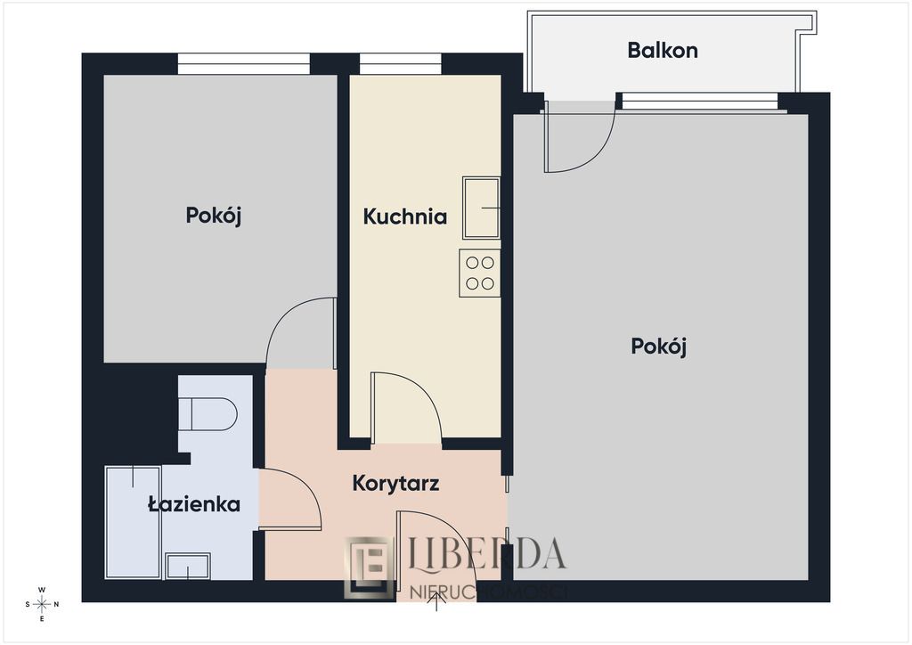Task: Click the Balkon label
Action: [663, 50]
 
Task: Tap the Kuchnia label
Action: [404, 216]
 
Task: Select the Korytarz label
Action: [395, 484]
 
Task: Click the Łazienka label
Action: [194, 504]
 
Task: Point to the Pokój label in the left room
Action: [214, 215]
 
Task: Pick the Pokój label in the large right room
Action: [659, 346]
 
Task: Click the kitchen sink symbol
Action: [481, 208]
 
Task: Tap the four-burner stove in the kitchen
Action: [480, 274]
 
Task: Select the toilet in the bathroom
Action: [208, 414]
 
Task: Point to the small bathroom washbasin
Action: [188, 566]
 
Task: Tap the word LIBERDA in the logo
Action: [486, 554]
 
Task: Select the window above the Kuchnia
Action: [401, 63]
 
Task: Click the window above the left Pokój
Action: [243, 63]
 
